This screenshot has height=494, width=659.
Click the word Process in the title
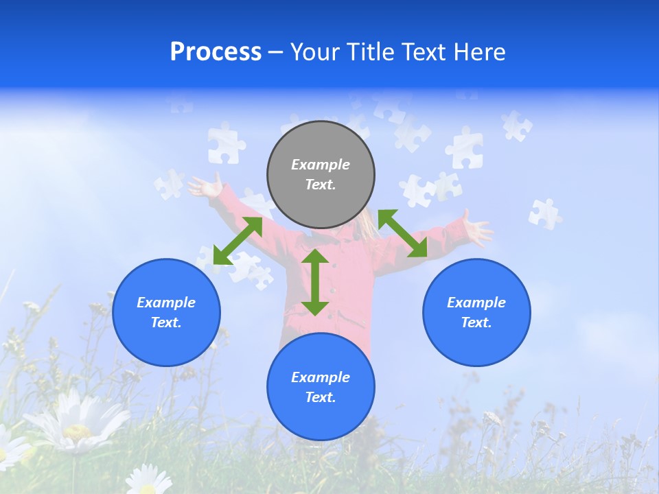pos(216,52)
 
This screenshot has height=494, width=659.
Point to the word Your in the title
pos(318,52)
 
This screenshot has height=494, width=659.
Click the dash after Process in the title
pos(276,53)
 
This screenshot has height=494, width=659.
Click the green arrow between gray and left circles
pos(238,241)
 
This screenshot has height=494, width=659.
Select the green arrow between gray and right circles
pos(403,233)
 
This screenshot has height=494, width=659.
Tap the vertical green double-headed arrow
pos(315,282)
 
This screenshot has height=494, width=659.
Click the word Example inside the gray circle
pos(321,165)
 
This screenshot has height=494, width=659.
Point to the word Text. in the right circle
pos(476,322)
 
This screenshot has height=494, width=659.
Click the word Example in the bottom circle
pos(321,377)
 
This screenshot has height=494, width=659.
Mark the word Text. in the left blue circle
pos(166,322)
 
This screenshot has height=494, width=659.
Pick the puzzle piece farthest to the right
pos(544,213)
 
